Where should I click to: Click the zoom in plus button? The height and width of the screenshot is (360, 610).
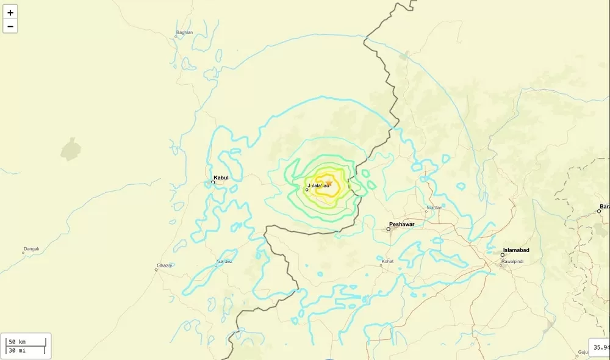click(10, 12)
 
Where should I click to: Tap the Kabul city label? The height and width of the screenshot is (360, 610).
click(221, 178)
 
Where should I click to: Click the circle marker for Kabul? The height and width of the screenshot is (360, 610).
click(213, 182)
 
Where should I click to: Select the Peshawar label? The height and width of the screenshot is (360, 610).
click(402, 225)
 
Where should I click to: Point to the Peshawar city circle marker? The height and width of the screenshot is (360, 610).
click(388, 229)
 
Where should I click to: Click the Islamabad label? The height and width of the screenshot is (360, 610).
click(515, 250)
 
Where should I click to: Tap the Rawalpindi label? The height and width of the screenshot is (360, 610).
click(512, 261)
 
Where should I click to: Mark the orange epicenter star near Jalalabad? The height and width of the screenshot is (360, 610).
click(328, 182)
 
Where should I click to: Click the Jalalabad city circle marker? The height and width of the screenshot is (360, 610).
click(307, 190)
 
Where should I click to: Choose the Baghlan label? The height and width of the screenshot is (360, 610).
click(184, 32)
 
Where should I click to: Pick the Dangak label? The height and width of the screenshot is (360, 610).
click(31, 248)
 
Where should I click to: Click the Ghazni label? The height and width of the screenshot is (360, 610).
click(164, 265)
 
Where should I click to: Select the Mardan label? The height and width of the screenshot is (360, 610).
click(434, 207)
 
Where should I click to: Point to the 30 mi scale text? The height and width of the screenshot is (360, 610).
click(16, 350)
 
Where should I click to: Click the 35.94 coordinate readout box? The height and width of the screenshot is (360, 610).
click(600, 347)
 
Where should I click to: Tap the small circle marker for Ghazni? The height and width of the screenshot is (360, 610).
click(156, 270)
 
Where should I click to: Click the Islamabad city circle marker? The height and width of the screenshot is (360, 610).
click(503, 255)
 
